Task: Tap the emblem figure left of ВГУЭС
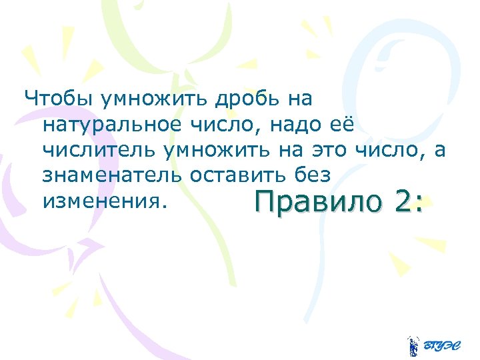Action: click(413, 345)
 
